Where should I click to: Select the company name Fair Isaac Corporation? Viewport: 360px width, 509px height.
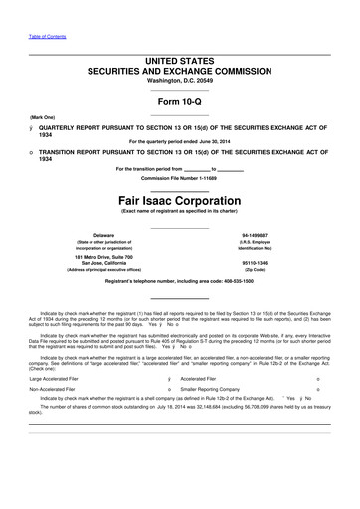point(180,198)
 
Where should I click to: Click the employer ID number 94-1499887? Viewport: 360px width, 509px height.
point(283,235)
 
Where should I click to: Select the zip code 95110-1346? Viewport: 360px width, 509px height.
point(283,264)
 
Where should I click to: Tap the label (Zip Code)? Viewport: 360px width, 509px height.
point(283,271)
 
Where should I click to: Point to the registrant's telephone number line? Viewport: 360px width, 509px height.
point(180,282)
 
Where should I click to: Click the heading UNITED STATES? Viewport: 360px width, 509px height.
point(180,62)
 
